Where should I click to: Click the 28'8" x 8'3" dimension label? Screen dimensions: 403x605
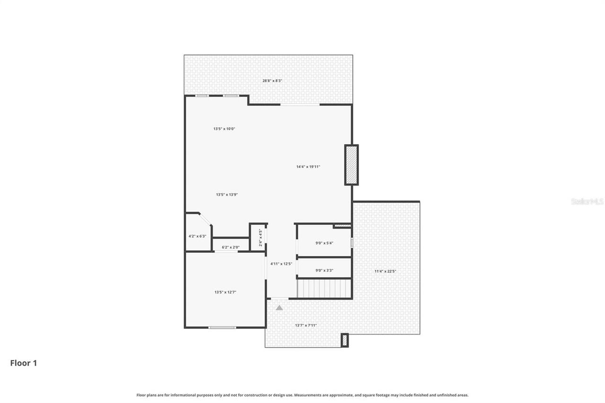point(272,81)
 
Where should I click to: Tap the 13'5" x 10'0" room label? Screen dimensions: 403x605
point(225,129)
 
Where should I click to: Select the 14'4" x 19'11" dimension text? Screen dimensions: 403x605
point(308,167)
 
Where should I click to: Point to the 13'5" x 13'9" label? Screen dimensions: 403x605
point(227,195)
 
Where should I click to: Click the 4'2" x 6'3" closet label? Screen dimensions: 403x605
point(197,236)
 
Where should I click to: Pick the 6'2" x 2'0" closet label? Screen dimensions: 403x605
point(231,247)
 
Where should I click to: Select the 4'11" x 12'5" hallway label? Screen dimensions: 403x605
point(281,264)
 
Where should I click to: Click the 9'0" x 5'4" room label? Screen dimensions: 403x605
point(324,243)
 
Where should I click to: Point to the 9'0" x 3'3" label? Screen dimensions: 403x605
point(324,271)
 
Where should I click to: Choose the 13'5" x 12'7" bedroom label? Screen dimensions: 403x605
point(225,292)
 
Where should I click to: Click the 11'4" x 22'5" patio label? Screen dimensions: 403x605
point(385,271)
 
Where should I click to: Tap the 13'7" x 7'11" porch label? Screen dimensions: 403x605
point(306,325)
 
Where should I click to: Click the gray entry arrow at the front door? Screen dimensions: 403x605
point(279,308)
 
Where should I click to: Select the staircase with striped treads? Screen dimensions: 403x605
point(324,288)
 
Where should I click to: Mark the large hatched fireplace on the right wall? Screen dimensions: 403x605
point(351,165)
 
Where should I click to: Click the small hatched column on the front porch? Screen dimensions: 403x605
point(345,340)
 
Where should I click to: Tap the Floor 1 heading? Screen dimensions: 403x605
point(24,363)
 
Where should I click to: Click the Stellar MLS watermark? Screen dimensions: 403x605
point(587,202)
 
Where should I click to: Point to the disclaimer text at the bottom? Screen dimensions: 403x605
point(302,395)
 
